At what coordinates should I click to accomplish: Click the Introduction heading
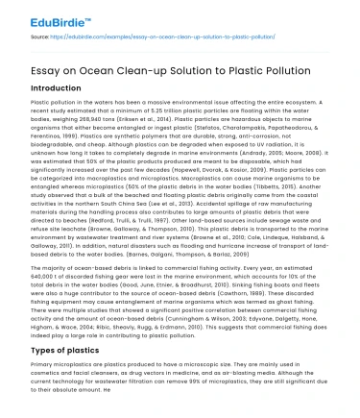(62, 86)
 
